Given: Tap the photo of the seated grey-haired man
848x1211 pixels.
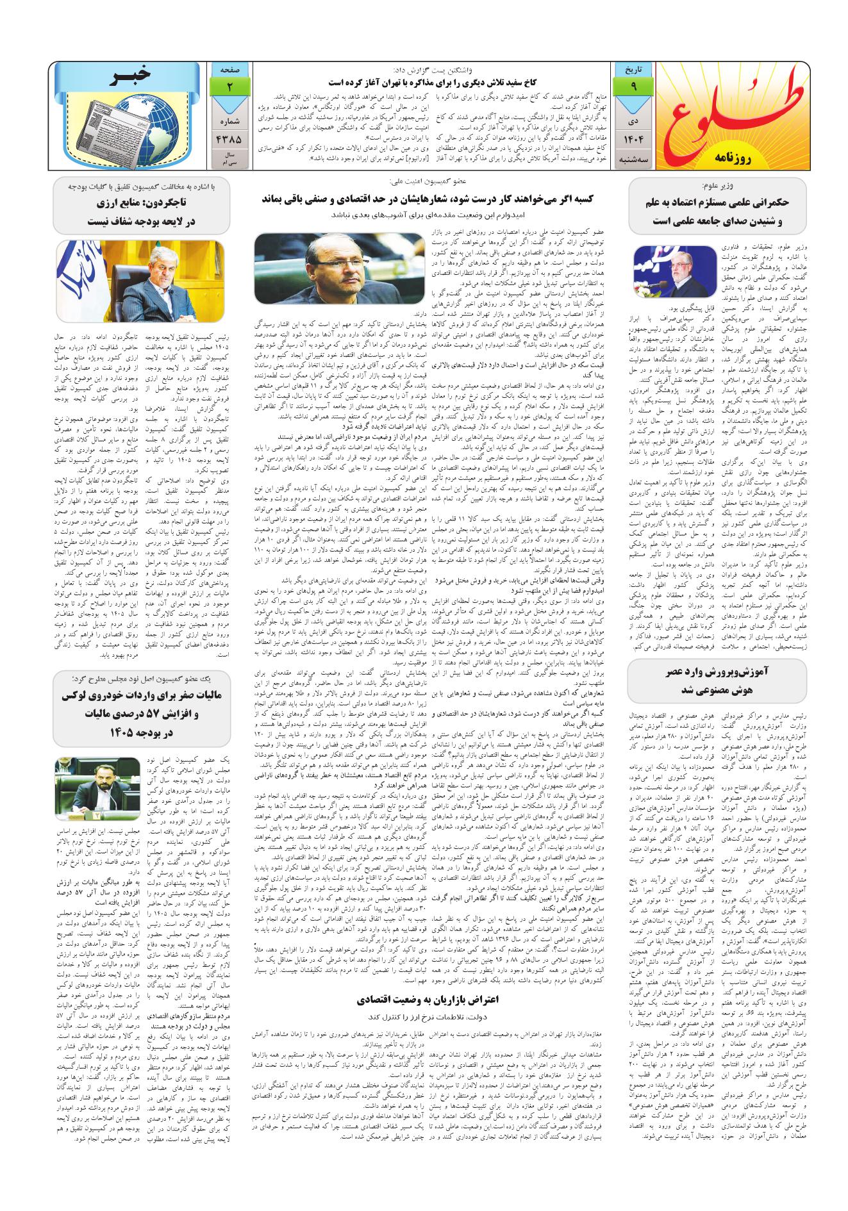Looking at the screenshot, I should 142,283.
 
